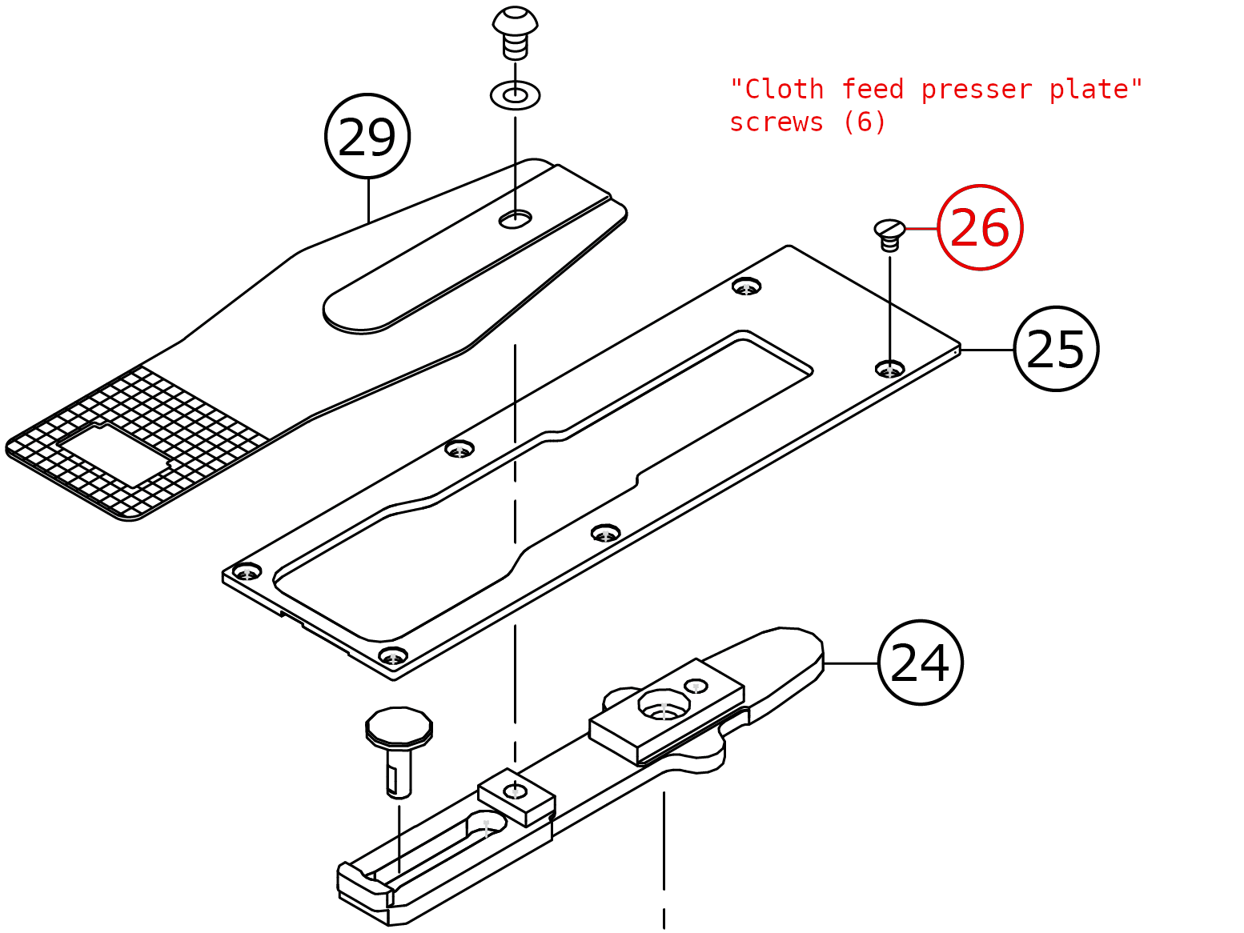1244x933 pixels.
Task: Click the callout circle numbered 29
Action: [367, 137]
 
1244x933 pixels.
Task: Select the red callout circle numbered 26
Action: [980, 228]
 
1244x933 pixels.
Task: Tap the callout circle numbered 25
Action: [1056, 349]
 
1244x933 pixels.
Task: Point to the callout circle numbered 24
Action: [920, 663]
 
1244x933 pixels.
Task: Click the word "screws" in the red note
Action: [776, 122]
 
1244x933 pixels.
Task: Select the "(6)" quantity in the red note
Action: [865, 122]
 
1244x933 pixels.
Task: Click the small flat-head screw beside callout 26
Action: [889, 234]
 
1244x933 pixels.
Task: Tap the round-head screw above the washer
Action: [515, 32]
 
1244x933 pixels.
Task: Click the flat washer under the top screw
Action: [515, 96]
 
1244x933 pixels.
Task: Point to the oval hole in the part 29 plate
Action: [516, 218]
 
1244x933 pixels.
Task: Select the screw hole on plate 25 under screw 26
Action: [890, 369]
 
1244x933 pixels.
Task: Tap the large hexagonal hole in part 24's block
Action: [664, 705]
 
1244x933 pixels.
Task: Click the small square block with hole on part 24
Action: [516, 795]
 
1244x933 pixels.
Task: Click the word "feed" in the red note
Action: [873, 90]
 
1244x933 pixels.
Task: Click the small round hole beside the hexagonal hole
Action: [696, 686]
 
